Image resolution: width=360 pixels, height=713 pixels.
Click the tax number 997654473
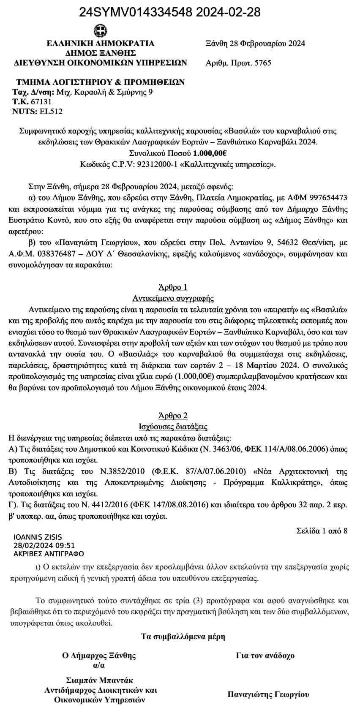(x=328, y=197)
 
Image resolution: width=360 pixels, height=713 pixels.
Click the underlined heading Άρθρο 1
(x=172, y=287)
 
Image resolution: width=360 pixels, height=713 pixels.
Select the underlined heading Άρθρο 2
(x=172, y=416)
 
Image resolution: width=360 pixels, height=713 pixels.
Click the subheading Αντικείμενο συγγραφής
(x=173, y=298)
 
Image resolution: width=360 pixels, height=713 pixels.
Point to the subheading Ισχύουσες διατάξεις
(x=173, y=427)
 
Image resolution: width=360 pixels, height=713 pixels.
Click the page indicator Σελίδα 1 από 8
(x=322, y=531)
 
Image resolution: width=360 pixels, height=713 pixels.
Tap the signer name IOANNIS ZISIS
(x=38, y=538)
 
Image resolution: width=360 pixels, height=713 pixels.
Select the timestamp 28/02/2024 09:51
(x=44, y=546)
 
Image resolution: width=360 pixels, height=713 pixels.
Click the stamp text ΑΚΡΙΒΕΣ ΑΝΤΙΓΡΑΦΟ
(x=49, y=554)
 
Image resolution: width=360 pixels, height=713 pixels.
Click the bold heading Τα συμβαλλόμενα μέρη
(x=183, y=637)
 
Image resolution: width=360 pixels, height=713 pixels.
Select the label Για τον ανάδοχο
(x=265, y=656)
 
